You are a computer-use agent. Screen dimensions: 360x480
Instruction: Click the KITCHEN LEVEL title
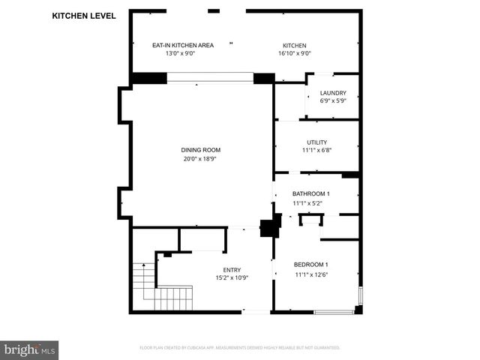coord(84,15)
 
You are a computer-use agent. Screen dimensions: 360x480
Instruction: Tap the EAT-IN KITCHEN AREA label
coord(183,45)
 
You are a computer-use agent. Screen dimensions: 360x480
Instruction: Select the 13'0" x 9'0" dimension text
coord(183,53)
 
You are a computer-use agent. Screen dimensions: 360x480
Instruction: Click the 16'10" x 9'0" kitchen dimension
coord(295,53)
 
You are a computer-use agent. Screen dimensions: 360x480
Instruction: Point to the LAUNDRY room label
coord(333,93)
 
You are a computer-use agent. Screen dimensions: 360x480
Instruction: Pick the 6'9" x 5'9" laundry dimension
coord(333,101)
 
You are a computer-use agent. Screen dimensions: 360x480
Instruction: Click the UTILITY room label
coord(316,142)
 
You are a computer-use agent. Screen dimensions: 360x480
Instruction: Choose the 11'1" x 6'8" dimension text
coord(316,150)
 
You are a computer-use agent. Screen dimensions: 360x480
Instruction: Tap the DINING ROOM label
coord(201,149)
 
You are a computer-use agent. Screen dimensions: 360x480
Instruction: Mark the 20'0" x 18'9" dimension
coord(201,158)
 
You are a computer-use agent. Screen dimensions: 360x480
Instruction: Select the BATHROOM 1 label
coord(311,193)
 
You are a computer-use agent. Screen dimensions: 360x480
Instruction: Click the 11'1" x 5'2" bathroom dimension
coord(311,202)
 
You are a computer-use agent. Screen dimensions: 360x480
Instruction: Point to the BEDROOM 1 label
coord(310,265)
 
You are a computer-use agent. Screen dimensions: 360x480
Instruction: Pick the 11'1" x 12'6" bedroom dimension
coord(310,274)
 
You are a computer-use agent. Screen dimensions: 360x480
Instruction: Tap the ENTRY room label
coord(232,270)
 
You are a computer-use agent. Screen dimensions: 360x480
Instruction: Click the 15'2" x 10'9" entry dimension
coord(232,278)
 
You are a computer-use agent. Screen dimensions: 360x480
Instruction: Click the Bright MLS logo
coord(30,349)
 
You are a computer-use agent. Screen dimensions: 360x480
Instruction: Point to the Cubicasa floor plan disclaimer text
coord(240,348)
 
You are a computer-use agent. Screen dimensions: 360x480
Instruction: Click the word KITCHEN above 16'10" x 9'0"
coord(295,45)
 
